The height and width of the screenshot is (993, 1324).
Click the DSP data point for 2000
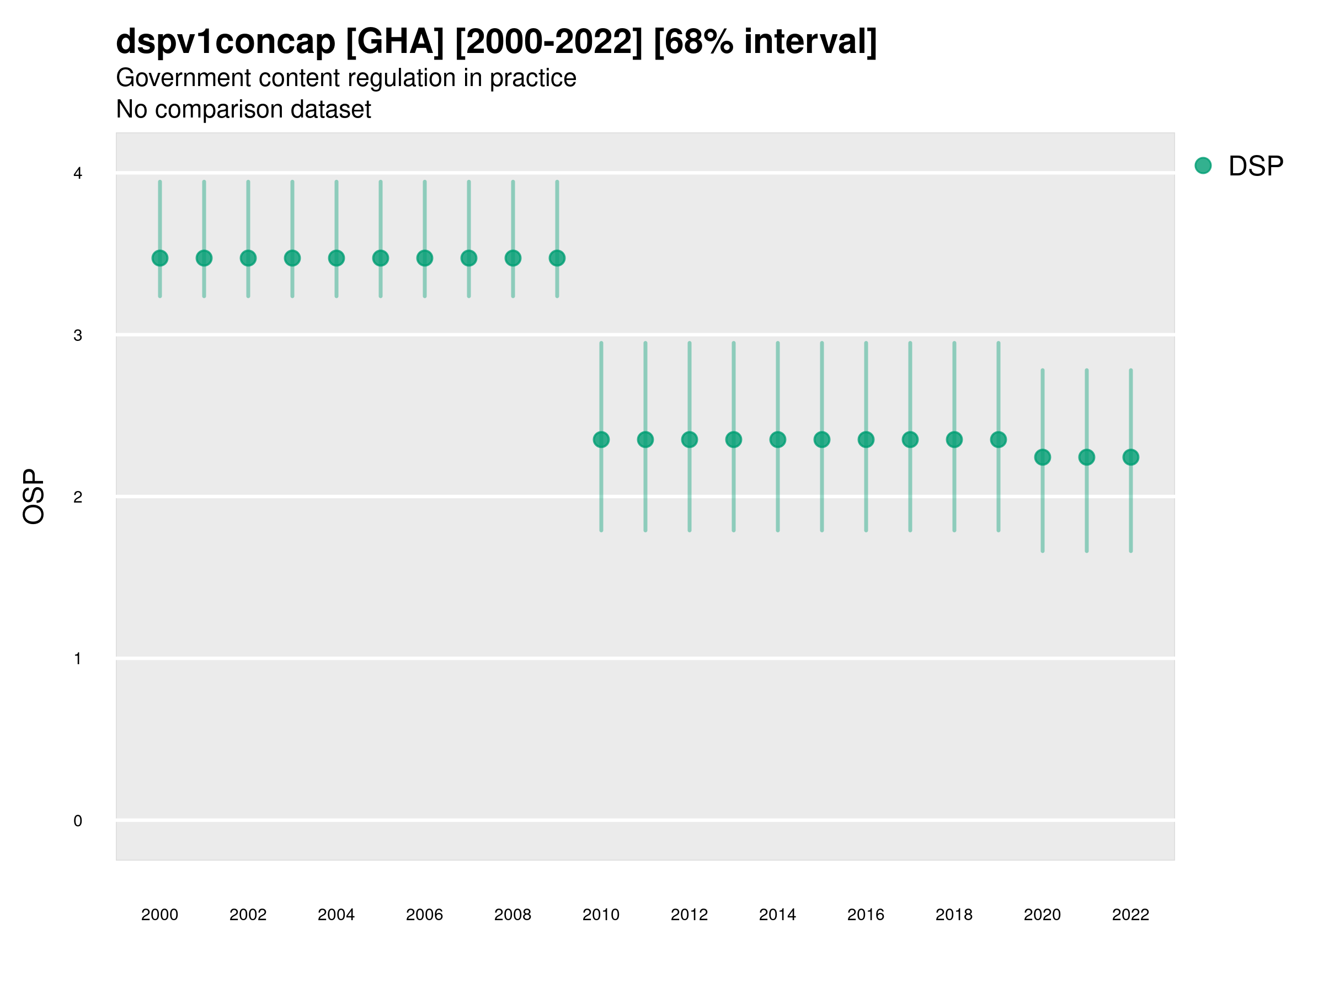pyautogui.click(x=160, y=258)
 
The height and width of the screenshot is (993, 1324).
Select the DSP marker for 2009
pyautogui.click(x=557, y=258)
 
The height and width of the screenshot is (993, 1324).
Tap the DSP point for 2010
pyautogui.click(x=601, y=439)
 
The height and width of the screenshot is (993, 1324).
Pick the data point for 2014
pyautogui.click(x=777, y=439)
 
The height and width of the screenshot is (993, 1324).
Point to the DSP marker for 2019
pyautogui.click(x=999, y=439)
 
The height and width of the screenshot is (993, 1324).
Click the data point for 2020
pyautogui.click(x=1043, y=457)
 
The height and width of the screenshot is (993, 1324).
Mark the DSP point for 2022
pyautogui.click(x=1131, y=457)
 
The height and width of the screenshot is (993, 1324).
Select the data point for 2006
pyautogui.click(x=425, y=258)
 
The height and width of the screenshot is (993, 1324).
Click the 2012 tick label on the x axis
pyautogui.click(x=689, y=915)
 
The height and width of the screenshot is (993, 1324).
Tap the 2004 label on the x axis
pyautogui.click(x=336, y=915)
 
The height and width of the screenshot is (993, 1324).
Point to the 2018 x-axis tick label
pyautogui.click(x=954, y=915)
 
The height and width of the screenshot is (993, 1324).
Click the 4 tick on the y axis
pyautogui.click(x=78, y=174)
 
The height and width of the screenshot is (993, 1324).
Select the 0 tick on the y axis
pyautogui.click(x=78, y=821)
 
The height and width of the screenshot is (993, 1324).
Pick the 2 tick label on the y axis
pyautogui.click(x=78, y=497)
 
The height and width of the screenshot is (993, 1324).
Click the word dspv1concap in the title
pyautogui.click(x=226, y=42)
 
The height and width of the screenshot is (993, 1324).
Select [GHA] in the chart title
pyautogui.click(x=395, y=42)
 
